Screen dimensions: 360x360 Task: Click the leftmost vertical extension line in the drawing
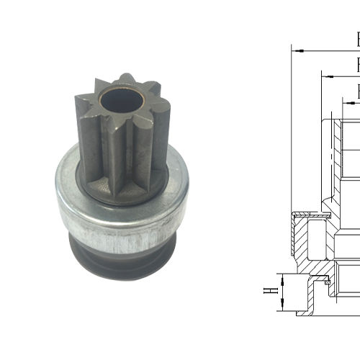(292, 130)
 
